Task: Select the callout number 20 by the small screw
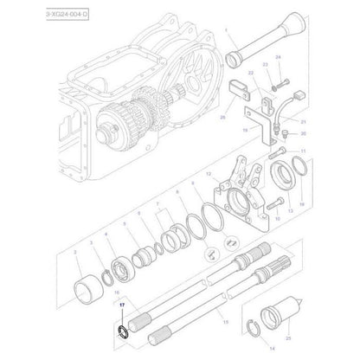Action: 303,135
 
